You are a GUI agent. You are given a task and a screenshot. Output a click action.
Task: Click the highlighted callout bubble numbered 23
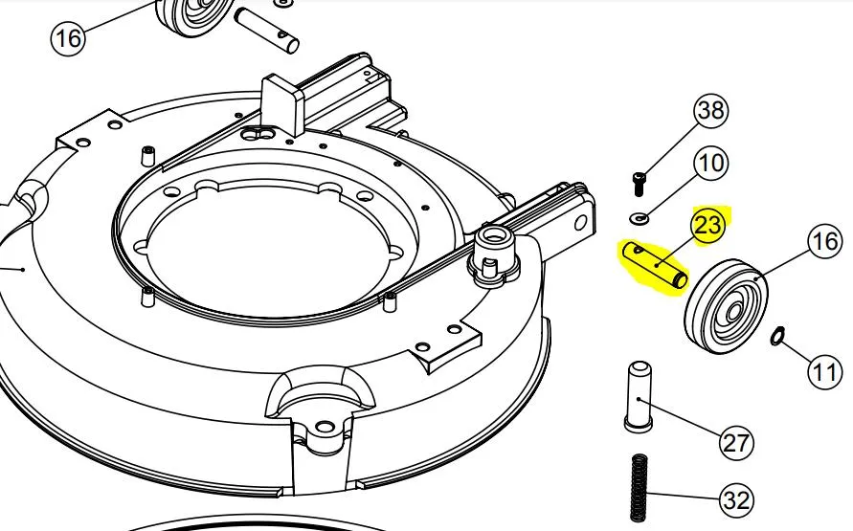point(708,225)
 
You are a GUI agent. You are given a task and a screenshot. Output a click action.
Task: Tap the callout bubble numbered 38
point(711,111)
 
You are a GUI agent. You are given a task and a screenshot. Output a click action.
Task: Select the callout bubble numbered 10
point(711,163)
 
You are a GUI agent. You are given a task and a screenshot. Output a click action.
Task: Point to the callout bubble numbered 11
point(823,372)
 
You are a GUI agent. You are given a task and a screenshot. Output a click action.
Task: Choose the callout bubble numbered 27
point(736,442)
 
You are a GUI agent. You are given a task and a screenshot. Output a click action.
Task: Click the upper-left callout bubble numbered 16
point(69,38)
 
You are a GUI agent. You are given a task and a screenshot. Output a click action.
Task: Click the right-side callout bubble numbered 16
point(825,241)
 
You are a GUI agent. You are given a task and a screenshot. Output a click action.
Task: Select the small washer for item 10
point(640,219)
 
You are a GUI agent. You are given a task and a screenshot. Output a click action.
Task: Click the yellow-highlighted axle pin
point(656,266)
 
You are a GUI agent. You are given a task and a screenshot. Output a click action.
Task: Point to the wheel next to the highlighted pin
point(726,306)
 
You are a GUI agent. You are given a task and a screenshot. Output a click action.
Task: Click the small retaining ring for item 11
point(777,336)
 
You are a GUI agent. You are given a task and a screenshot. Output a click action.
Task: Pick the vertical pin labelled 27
point(639,397)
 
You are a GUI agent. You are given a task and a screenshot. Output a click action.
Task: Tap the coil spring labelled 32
point(640,489)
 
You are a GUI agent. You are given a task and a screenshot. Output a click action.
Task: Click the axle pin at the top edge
point(266,29)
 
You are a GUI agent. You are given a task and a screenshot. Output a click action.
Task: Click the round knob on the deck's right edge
point(493,254)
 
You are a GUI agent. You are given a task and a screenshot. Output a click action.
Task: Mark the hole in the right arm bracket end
point(580,222)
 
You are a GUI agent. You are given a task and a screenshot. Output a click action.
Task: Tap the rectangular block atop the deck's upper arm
point(282,104)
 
